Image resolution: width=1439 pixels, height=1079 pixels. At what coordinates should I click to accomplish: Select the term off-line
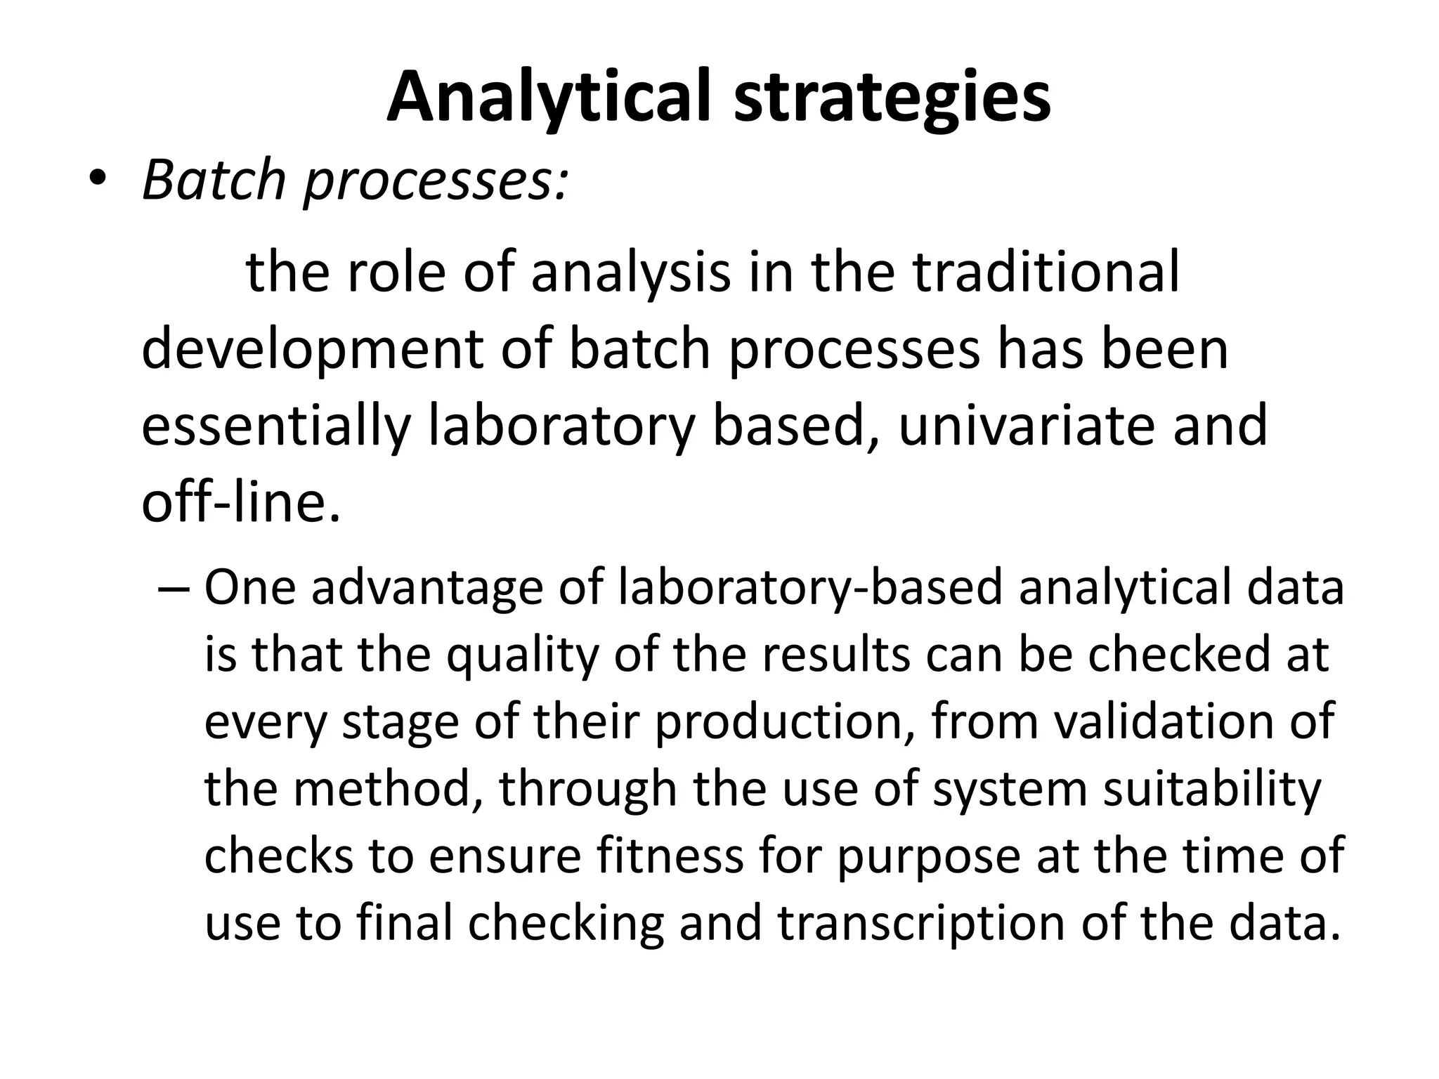(x=241, y=502)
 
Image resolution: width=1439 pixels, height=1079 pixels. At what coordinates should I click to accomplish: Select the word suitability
(x=1212, y=789)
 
